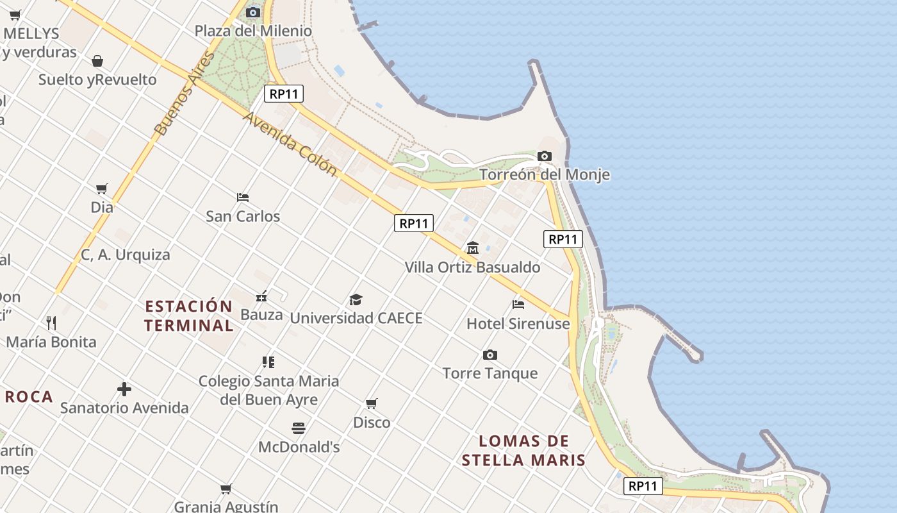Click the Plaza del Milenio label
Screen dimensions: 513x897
click(x=253, y=31)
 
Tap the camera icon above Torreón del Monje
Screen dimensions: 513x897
click(x=545, y=156)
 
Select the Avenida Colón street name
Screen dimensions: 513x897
click(x=290, y=144)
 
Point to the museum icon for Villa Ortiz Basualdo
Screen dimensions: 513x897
click(x=473, y=248)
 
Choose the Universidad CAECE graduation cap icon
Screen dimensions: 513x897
click(x=356, y=299)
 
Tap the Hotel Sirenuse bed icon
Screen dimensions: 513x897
click(x=518, y=304)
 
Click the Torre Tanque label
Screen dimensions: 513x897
click(x=490, y=373)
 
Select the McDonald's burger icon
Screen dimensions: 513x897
click(x=299, y=428)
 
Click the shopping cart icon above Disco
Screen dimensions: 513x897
click(x=372, y=403)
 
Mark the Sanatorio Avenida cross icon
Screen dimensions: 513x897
click(x=124, y=389)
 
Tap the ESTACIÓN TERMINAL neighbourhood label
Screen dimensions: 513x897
click(x=188, y=315)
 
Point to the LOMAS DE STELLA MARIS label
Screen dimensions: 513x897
click(x=524, y=450)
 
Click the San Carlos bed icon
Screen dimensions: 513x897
click(x=243, y=197)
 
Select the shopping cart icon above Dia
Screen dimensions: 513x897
click(x=102, y=189)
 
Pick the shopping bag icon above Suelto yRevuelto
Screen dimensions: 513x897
click(x=97, y=61)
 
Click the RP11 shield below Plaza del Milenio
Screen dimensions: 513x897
click(x=284, y=94)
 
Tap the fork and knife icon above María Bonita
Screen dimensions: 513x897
click(x=51, y=323)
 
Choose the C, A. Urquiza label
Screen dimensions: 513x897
click(x=126, y=255)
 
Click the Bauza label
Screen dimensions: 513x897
click(x=261, y=315)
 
